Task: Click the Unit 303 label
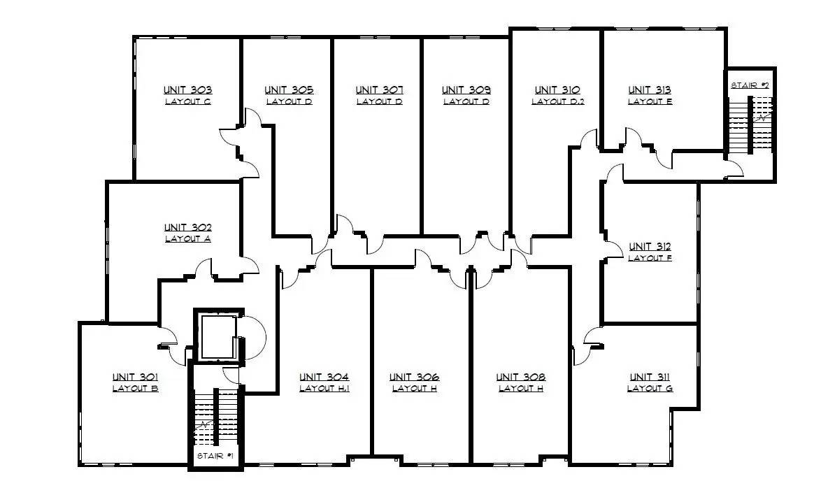click(188, 89)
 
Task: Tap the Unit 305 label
click(289, 89)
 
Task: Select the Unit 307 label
click(380, 89)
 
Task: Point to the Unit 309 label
click(466, 89)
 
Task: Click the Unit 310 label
click(557, 89)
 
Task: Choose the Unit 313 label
click(650, 89)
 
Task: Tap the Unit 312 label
click(650, 247)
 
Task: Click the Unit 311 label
click(650, 377)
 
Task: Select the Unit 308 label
click(521, 377)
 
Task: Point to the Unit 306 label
click(414, 377)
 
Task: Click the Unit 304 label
click(324, 377)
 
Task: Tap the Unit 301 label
click(136, 377)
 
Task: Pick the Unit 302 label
click(188, 227)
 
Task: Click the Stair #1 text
click(215, 456)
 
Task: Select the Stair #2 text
click(750, 85)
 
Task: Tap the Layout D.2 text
click(557, 102)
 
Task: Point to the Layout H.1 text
click(324, 388)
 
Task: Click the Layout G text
click(650, 388)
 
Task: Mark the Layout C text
click(188, 102)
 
